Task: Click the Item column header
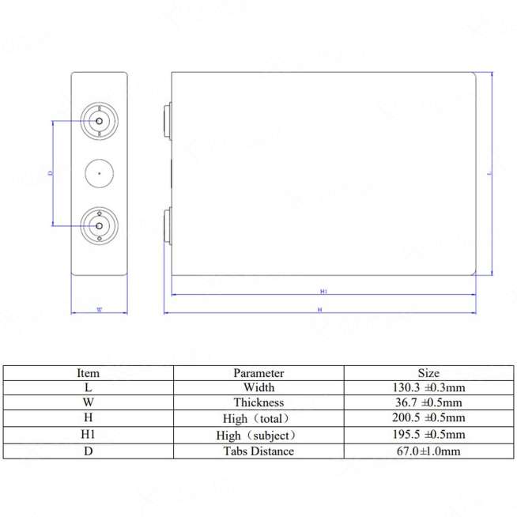tap(88, 372)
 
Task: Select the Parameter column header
tap(258, 372)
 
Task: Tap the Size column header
tap(428, 372)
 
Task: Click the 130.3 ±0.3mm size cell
tap(428, 387)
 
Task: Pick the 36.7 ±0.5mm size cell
tap(428, 402)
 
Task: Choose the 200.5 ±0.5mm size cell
tap(428, 418)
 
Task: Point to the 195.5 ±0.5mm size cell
tap(428, 435)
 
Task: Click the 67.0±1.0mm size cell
tap(428, 451)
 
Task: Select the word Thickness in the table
tap(258, 402)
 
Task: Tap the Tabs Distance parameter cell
tap(258, 451)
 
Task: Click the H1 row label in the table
tap(88, 435)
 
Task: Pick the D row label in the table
tap(88, 451)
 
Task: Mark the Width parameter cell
tap(258, 387)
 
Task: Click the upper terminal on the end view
tap(100, 121)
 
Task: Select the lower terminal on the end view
tap(100, 225)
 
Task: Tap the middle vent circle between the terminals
tap(100, 173)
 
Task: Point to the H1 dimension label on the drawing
tap(324, 292)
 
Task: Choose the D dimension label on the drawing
tap(51, 172)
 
